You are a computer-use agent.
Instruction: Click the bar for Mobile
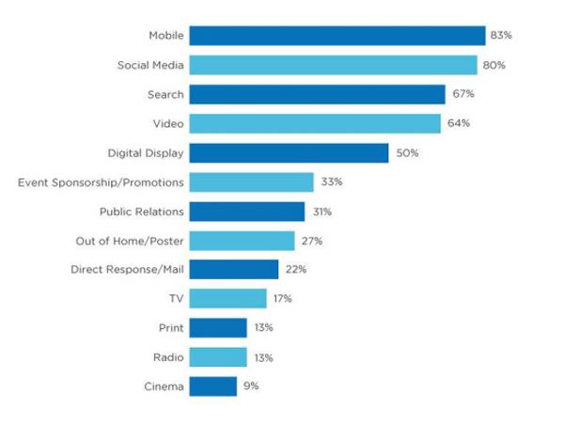click(x=337, y=36)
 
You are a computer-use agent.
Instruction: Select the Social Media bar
click(x=333, y=65)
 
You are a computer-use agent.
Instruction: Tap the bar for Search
click(x=317, y=94)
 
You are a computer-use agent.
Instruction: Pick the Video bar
click(x=315, y=123)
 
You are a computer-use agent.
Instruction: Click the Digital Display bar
click(x=289, y=152)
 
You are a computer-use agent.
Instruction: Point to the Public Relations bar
click(x=247, y=212)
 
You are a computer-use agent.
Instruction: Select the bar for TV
click(x=227, y=298)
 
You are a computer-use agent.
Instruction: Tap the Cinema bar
click(x=212, y=385)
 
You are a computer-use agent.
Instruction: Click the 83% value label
click(x=500, y=36)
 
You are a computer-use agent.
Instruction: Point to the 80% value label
click(x=495, y=65)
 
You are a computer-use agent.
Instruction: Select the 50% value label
click(x=406, y=152)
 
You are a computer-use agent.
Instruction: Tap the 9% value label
click(x=250, y=385)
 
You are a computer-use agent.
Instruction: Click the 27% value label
click(x=312, y=241)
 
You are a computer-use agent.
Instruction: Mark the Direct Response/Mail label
click(x=128, y=270)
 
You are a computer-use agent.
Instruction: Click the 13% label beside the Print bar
click(x=264, y=328)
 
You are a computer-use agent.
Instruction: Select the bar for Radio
click(x=218, y=357)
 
